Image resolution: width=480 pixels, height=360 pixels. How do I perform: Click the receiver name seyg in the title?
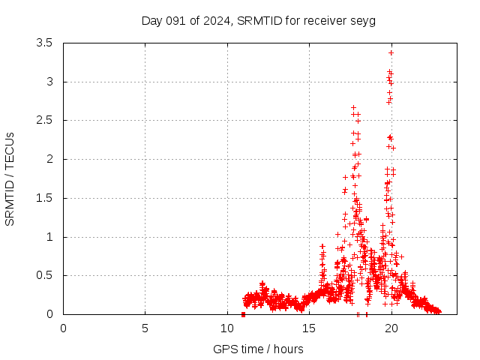[x=363, y=20]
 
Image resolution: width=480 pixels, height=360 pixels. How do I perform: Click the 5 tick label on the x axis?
[x=145, y=328]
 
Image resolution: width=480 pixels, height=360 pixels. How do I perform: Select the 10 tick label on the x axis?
[x=227, y=328]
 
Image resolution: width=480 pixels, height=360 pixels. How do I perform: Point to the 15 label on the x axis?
[x=309, y=328]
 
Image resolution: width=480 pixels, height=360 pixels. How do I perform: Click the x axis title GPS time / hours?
[x=258, y=349]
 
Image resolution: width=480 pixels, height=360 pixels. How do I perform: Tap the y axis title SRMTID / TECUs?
[x=10, y=178]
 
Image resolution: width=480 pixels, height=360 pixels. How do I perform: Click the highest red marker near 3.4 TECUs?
[x=391, y=52]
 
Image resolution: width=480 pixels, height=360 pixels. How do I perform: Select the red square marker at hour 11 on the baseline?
[x=243, y=314]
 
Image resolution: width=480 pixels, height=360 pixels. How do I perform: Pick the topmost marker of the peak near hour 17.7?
[x=353, y=107]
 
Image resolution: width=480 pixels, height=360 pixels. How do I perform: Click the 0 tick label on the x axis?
[x=63, y=328]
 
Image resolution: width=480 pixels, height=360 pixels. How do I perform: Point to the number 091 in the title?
[x=177, y=20]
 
